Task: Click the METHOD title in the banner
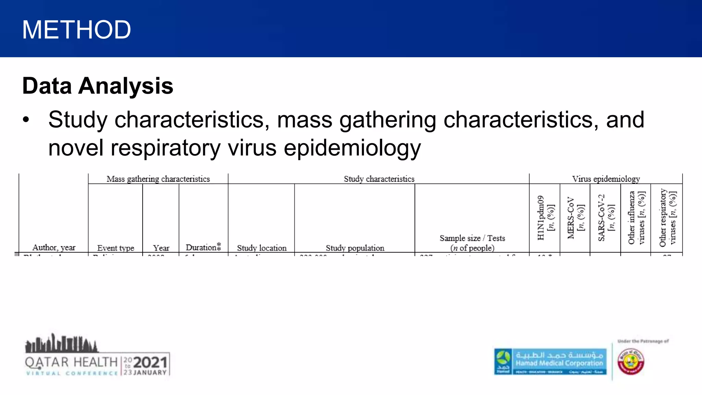point(76,30)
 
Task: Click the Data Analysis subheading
point(98,86)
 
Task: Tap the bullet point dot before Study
point(26,120)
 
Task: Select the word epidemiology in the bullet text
point(352,148)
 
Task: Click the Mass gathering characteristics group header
point(158,179)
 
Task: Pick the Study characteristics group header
point(379,179)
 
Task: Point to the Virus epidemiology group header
point(606,179)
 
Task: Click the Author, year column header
point(54,248)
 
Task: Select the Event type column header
point(116,248)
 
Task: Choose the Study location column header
point(262,248)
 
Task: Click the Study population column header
point(355,248)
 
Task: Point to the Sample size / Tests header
point(472,243)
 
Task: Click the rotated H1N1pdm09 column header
point(545,218)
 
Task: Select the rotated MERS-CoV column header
point(575,218)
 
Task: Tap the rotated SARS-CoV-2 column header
point(606,218)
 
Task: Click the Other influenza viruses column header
point(636,218)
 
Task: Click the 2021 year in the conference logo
point(150,362)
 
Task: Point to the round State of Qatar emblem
point(631,362)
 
